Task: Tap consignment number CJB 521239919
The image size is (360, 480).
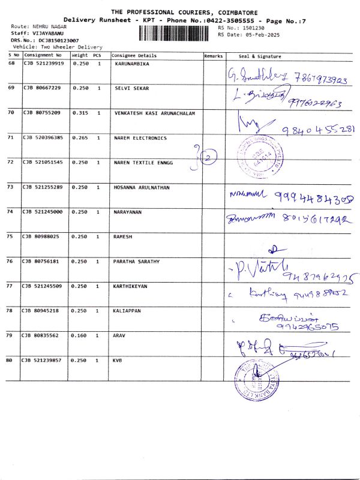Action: coord(43,63)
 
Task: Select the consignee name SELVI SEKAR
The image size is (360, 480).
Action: coord(131,88)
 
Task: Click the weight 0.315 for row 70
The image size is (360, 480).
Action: coord(80,113)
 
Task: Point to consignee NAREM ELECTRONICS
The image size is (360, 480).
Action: coord(140,138)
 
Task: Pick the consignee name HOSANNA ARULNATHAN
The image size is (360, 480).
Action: coord(142,187)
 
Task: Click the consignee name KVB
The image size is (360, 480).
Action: coord(118,360)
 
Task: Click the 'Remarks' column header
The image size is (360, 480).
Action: coord(213,56)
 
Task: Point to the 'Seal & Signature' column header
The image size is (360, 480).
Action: coord(260,56)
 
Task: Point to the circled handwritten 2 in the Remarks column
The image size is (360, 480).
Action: coord(208,157)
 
